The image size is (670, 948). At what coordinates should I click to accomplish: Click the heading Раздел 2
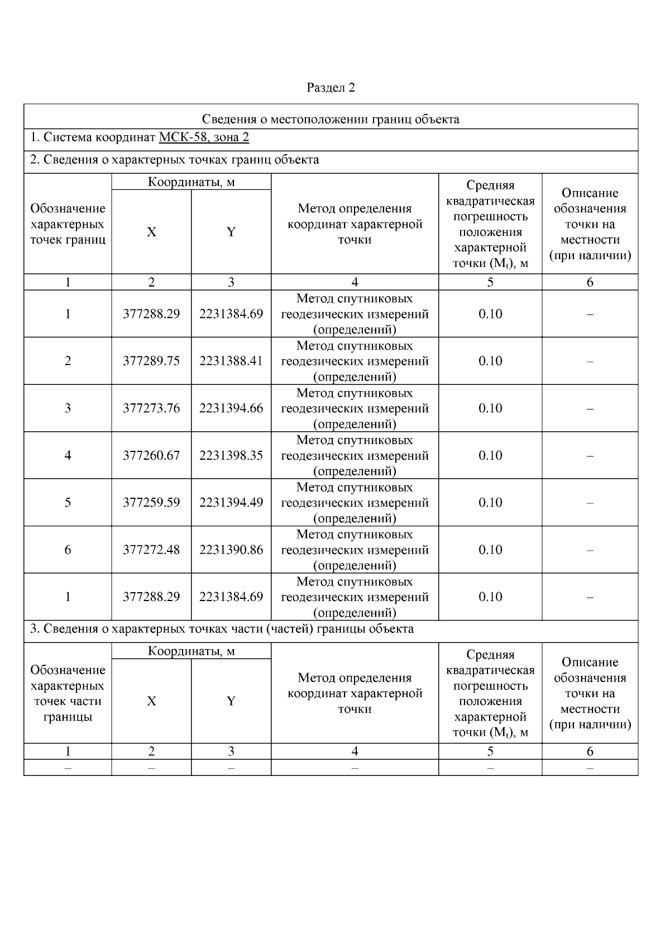tap(331, 88)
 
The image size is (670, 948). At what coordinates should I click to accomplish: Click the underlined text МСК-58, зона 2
tap(204, 137)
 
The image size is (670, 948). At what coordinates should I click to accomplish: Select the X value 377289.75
tap(151, 361)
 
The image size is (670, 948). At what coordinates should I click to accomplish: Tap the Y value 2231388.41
tap(231, 361)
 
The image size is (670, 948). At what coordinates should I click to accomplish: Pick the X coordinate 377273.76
tap(151, 408)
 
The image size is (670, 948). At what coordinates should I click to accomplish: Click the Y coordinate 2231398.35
tap(231, 455)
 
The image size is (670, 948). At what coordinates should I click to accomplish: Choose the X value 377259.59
tap(151, 503)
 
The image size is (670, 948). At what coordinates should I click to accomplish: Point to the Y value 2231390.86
tap(231, 550)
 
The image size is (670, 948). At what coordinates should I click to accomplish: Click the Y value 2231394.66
tap(231, 408)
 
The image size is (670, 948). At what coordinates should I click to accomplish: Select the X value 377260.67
tap(151, 455)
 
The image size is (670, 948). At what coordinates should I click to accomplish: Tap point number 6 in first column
tap(68, 550)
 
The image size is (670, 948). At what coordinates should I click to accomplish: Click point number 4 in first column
tap(68, 455)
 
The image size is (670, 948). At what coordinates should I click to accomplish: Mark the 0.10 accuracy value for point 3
tap(490, 408)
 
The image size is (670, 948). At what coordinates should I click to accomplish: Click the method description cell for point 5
tap(355, 503)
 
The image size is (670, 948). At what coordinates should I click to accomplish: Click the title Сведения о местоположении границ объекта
tap(331, 119)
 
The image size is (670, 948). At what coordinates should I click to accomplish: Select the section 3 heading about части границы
tap(222, 629)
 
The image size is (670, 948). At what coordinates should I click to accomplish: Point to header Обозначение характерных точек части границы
tap(68, 693)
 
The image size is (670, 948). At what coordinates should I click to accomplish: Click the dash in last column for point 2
tap(590, 361)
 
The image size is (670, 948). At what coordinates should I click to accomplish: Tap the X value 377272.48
tap(151, 550)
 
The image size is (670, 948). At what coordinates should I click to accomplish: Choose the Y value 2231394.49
tap(231, 503)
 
